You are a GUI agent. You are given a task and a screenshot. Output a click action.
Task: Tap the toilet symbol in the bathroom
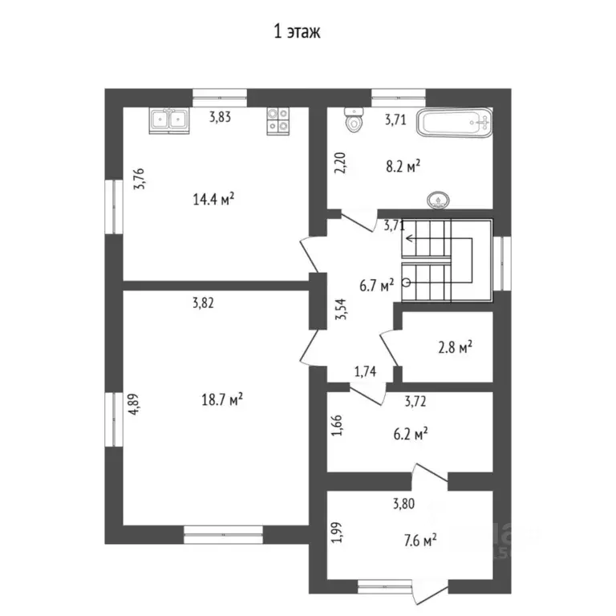click(x=351, y=121)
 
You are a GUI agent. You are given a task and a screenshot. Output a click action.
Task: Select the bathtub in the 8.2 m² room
click(x=455, y=124)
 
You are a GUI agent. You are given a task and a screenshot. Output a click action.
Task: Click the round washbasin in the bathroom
click(x=439, y=198)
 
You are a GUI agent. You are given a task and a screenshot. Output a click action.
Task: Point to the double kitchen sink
click(x=169, y=120)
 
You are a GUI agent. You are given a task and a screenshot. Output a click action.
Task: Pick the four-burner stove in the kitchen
click(x=278, y=120)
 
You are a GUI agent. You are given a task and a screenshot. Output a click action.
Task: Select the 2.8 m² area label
click(x=453, y=346)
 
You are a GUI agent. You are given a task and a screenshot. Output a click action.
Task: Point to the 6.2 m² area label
click(x=408, y=433)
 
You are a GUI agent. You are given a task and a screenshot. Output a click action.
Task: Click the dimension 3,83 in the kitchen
click(x=221, y=117)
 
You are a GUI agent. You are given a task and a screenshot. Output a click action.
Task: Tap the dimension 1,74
click(x=367, y=371)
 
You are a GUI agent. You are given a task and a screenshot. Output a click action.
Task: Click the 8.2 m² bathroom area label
click(x=403, y=167)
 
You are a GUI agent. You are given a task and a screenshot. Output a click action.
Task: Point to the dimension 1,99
click(x=337, y=533)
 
